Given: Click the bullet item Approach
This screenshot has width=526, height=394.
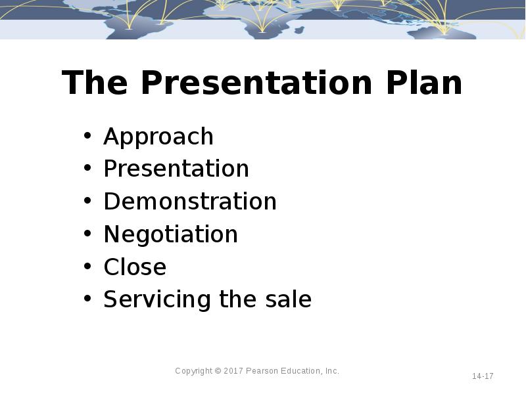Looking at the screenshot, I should pyautogui.click(x=158, y=137).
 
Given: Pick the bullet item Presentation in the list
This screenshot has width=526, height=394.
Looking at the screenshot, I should pyautogui.click(x=176, y=169).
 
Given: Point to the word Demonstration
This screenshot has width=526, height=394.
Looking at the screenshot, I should pyautogui.click(x=190, y=201).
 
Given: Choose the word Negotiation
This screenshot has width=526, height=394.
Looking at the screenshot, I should pyautogui.click(x=170, y=234).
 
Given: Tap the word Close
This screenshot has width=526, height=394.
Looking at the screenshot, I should pyautogui.click(x=135, y=267).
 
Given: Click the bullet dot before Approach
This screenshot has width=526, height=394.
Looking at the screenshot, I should pyautogui.click(x=87, y=137).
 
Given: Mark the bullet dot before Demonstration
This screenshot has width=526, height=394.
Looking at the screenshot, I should pyautogui.click(x=87, y=202).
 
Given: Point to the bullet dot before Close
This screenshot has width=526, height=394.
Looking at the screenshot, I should pyautogui.click(x=87, y=267).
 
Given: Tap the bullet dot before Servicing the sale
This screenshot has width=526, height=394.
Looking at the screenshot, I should pyautogui.click(x=87, y=300).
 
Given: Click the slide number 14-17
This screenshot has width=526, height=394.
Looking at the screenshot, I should pyautogui.click(x=483, y=376).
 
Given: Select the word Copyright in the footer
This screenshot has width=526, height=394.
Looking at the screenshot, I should pyautogui.click(x=193, y=371).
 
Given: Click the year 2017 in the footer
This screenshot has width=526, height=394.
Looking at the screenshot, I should pyautogui.click(x=233, y=371).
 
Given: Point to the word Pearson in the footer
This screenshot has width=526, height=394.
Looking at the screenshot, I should pyautogui.click(x=263, y=371).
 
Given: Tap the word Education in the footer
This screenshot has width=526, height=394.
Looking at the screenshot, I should pyautogui.click(x=302, y=371).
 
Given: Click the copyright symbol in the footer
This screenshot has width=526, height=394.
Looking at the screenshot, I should pyautogui.click(x=218, y=371).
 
